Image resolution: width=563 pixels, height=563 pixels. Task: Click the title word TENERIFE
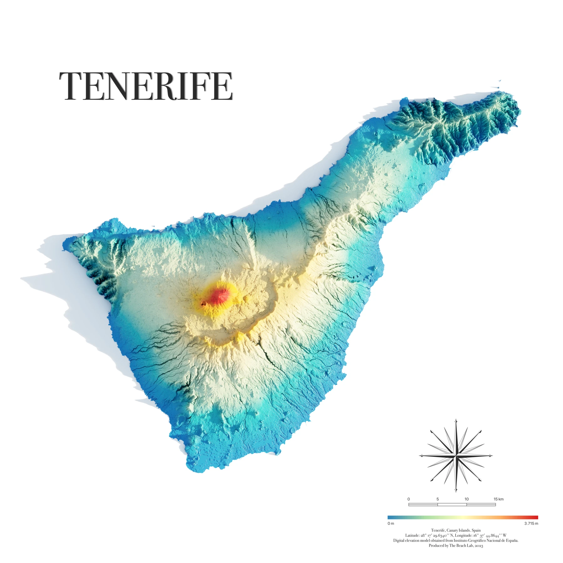click(146, 86)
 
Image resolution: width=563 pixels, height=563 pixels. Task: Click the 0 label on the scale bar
click(408, 499)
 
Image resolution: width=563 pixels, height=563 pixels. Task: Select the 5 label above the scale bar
click(438, 499)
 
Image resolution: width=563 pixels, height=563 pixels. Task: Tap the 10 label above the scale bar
click(467, 499)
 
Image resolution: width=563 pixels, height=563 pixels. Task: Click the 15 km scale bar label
click(499, 499)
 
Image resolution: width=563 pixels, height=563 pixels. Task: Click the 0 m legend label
click(391, 524)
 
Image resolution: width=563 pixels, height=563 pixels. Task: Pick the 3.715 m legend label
click(531, 524)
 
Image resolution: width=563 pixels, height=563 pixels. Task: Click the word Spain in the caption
click(476, 530)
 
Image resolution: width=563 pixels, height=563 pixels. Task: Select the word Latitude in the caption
click(412, 535)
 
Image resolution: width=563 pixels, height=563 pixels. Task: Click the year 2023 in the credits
click(479, 546)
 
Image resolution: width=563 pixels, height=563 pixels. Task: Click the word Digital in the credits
click(399, 540)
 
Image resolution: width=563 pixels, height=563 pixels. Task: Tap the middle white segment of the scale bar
click(452, 504)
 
